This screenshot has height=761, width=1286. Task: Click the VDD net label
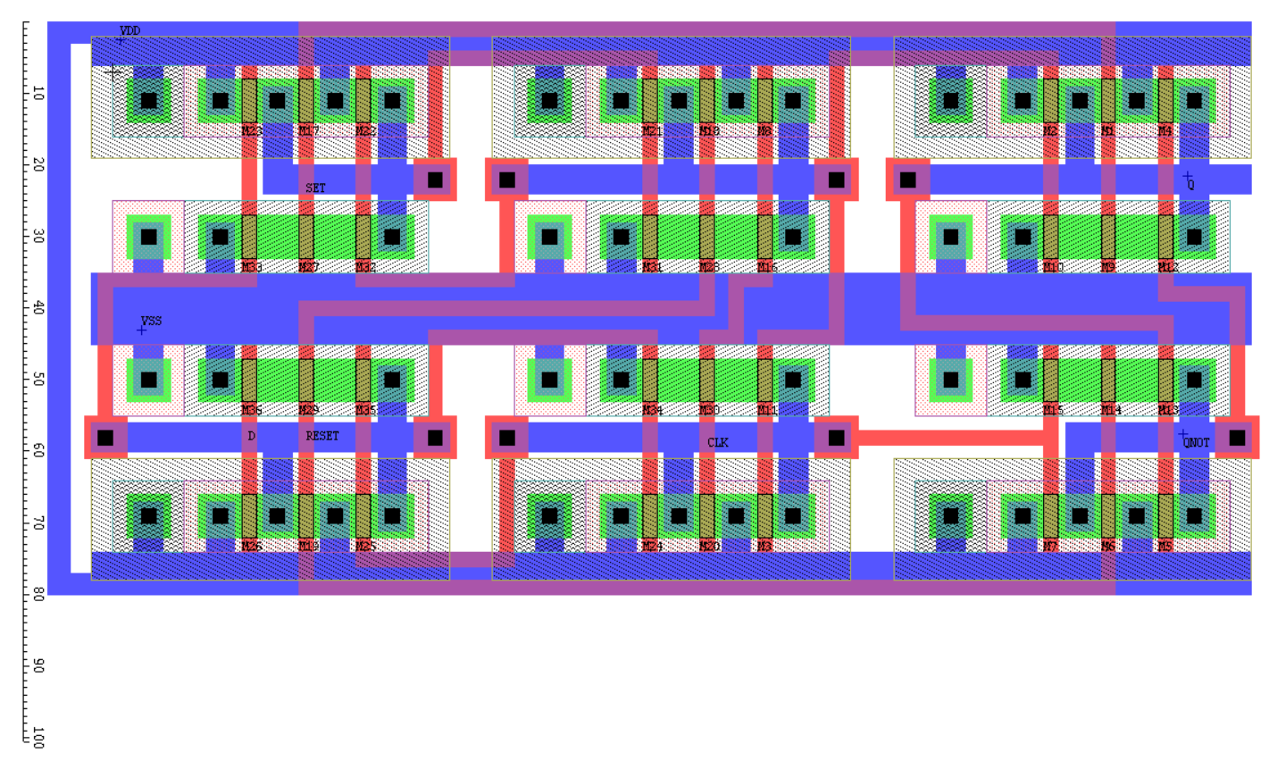129,31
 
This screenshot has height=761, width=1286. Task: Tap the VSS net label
151,321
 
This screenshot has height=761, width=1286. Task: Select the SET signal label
315,188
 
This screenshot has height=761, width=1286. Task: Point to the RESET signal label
322,436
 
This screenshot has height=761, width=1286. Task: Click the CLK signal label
717,442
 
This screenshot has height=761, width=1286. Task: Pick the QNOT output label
1196,442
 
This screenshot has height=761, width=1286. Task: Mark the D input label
251,436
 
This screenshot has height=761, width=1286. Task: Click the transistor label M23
251,131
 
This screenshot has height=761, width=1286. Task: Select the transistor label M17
308,131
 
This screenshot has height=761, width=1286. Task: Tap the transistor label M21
652,131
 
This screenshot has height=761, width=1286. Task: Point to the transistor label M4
1165,131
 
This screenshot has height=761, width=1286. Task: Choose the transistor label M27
308,267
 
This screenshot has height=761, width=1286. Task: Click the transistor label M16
766,267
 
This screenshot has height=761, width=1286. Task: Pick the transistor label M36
251,410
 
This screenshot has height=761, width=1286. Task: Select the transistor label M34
652,410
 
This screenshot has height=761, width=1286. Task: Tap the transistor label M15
1053,410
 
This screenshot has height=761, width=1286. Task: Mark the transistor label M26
251,546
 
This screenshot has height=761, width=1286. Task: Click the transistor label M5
1165,546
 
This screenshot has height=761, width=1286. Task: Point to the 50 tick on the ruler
38,380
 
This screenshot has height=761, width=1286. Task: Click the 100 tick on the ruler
38,737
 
